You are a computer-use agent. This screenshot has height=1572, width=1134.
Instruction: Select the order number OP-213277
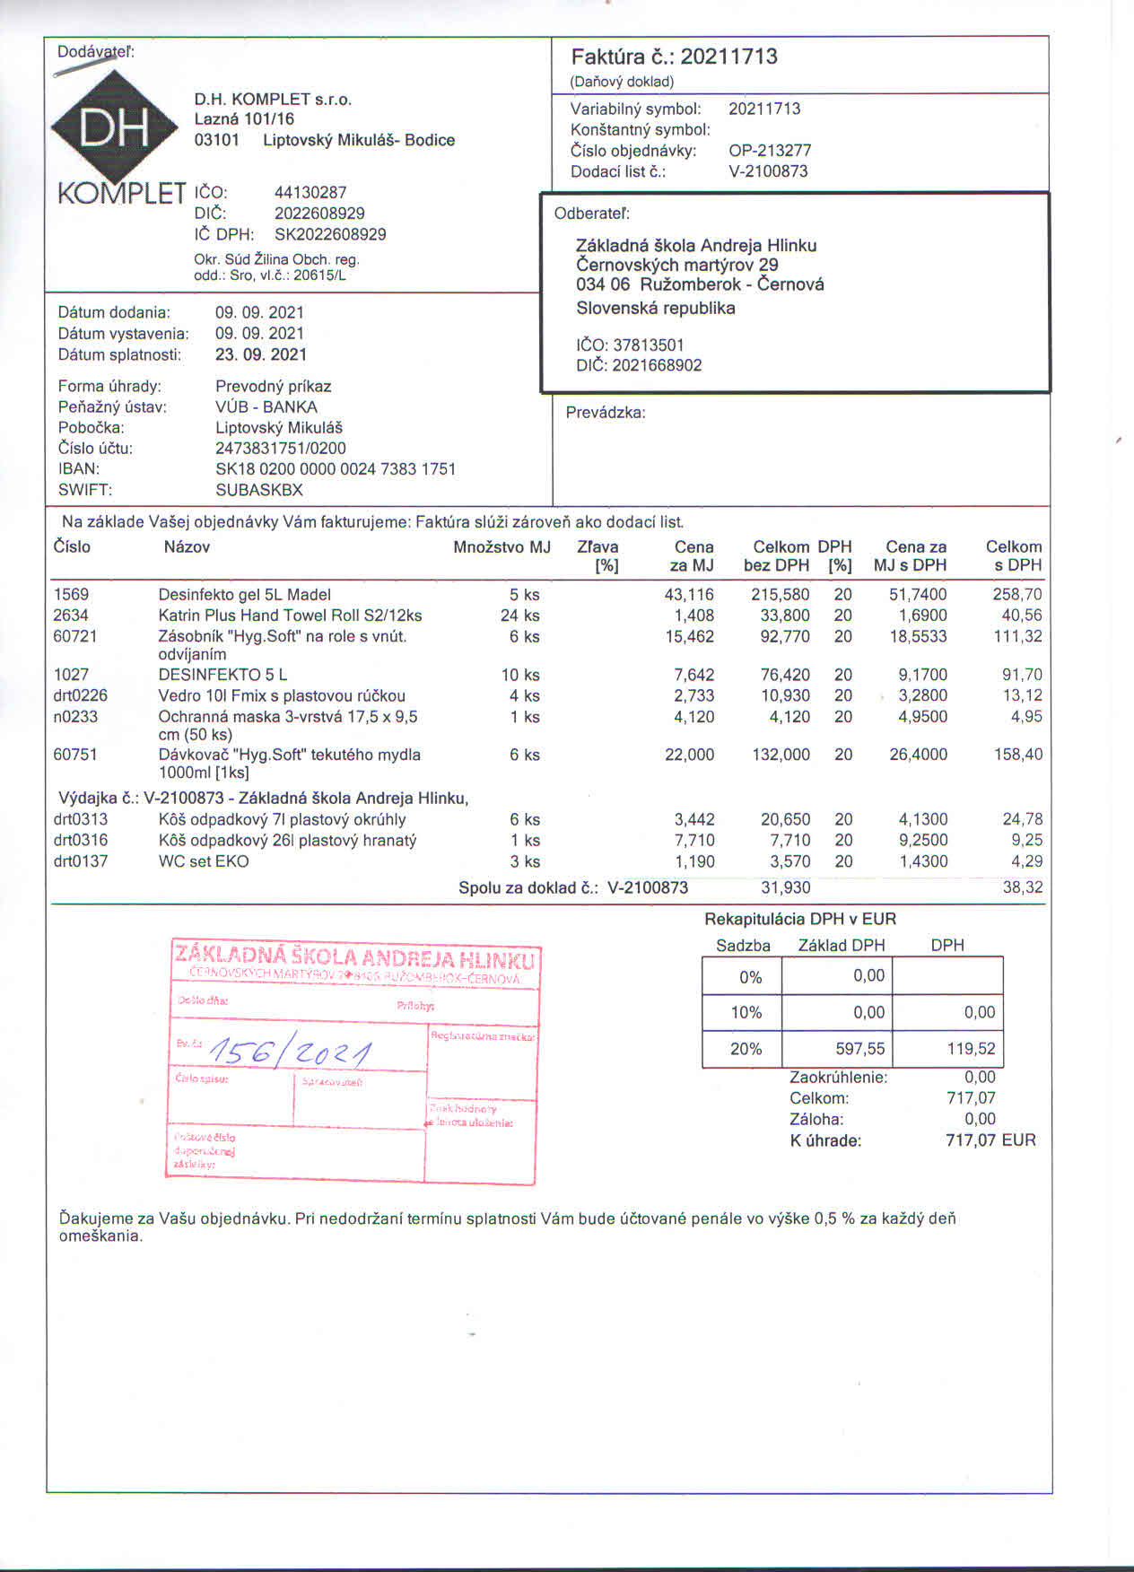[x=769, y=151]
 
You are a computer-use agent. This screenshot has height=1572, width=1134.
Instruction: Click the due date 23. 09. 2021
[x=260, y=354]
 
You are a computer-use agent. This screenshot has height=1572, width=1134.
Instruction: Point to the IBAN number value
[x=336, y=469]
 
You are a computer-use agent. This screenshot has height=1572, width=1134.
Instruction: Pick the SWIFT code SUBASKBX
[x=259, y=490]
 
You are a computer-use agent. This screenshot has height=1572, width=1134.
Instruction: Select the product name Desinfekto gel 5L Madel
[x=244, y=595]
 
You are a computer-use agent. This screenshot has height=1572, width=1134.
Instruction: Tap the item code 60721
[x=75, y=636]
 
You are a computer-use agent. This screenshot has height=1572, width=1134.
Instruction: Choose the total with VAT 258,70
[x=1017, y=595]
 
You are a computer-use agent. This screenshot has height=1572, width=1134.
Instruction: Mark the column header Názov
[x=187, y=547]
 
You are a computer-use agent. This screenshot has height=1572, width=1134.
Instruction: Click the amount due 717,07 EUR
[x=990, y=1140]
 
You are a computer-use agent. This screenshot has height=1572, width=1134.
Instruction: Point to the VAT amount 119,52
[x=971, y=1049]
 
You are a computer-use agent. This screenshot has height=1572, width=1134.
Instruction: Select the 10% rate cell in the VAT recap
[x=746, y=1012]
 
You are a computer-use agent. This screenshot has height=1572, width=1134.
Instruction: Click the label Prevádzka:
[x=606, y=413]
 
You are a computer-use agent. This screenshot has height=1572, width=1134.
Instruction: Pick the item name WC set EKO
[x=204, y=861]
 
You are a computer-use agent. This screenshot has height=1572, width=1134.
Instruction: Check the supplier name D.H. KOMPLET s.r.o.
[x=273, y=100]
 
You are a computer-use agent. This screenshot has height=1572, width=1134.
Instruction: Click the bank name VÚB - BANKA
[x=266, y=407]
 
